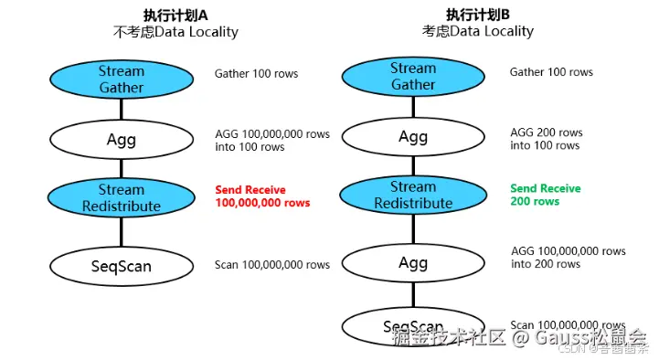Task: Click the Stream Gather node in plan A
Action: click(x=122, y=79)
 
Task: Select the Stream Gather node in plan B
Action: click(x=413, y=77)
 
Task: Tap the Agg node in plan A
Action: click(x=122, y=139)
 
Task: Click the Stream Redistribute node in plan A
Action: click(x=122, y=198)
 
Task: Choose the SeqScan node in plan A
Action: click(x=122, y=266)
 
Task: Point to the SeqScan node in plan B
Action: click(x=413, y=326)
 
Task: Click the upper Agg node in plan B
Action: click(x=413, y=137)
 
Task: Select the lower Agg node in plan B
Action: click(x=413, y=263)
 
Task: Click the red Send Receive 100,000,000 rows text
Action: click(x=262, y=196)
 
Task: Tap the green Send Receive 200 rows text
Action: click(x=545, y=195)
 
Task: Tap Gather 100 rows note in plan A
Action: click(x=256, y=73)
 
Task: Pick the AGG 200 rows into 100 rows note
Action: click(x=546, y=139)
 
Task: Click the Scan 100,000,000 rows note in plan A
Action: click(x=272, y=265)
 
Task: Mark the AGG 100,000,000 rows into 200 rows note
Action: click(x=568, y=257)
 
